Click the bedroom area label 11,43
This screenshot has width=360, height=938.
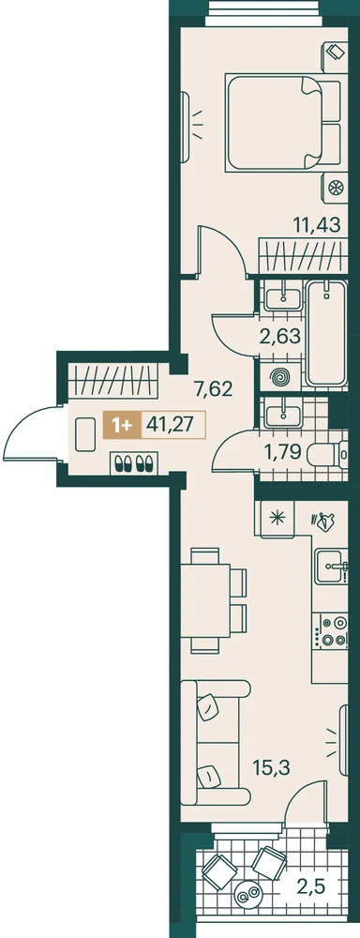pyautogui.click(x=316, y=225)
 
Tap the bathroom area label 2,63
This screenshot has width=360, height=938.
pyautogui.click(x=280, y=336)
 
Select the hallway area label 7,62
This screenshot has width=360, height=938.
pyautogui.click(x=212, y=390)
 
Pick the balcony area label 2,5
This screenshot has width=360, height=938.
pyautogui.click(x=312, y=885)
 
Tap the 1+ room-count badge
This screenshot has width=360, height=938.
pyautogui.click(x=122, y=425)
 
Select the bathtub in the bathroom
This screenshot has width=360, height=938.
pyautogui.click(x=326, y=334)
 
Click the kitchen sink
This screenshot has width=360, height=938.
pyautogui.click(x=329, y=566)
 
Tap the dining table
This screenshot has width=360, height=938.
pyautogui.click(x=205, y=600)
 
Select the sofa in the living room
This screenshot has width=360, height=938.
pyautogui.click(x=214, y=742)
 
